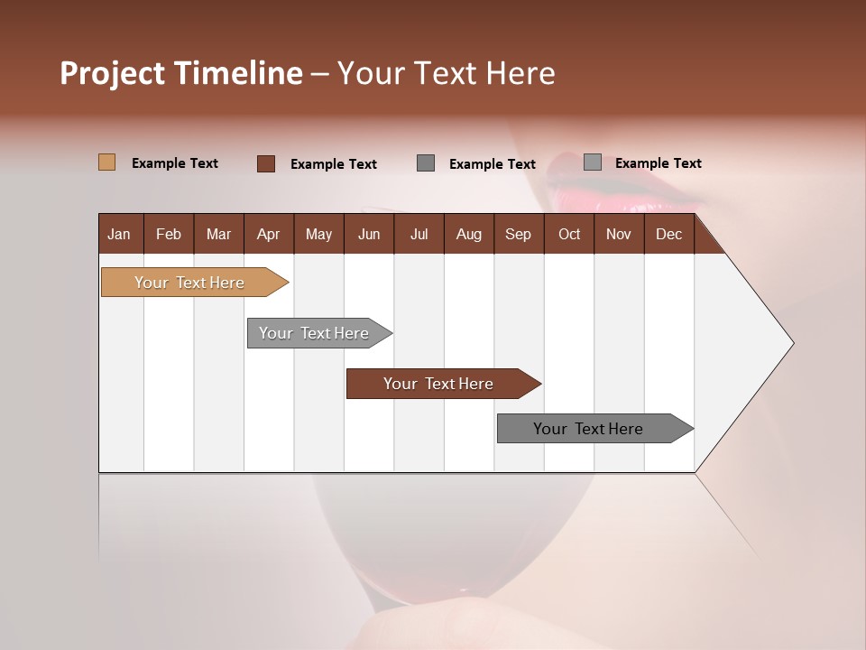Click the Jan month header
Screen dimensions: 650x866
pyautogui.click(x=119, y=235)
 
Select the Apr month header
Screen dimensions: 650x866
pyautogui.click(x=268, y=235)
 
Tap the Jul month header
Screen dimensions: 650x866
pyautogui.click(x=419, y=235)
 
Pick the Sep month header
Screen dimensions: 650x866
pyautogui.click(x=518, y=235)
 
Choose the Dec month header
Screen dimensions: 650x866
pyautogui.click(x=668, y=235)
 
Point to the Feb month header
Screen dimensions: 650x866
pyautogui.click(x=169, y=235)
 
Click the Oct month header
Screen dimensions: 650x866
pyautogui.click(x=569, y=235)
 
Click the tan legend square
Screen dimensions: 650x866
pyautogui.click(x=106, y=162)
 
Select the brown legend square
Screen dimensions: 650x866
pyautogui.click(x=266, y=163)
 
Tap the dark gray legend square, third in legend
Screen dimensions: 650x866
pyautogui.click(x=426, y=163)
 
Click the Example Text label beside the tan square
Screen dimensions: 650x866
pyautogui.click(x=175, y=163)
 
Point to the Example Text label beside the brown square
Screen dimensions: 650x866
pyautogui.click(x=334, y=164)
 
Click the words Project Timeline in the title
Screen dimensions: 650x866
pyautogui.click(x=181, y=73)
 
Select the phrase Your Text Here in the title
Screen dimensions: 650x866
pyautogui.click(x=446, y=73)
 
